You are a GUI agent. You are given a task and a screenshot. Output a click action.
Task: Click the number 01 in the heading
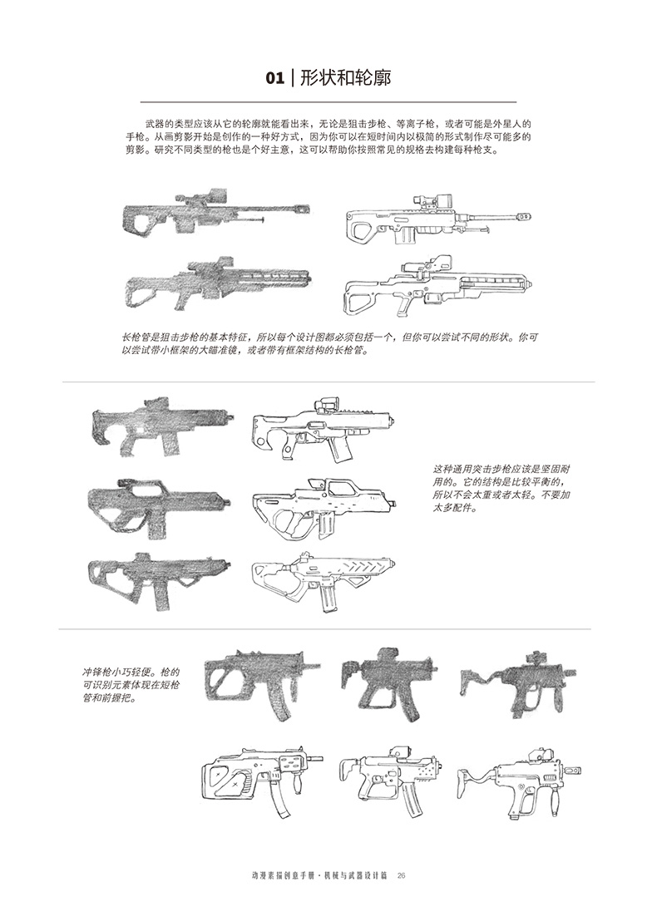tap(275, 79)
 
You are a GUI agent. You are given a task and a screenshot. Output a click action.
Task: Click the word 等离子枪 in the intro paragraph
tap(407, 124)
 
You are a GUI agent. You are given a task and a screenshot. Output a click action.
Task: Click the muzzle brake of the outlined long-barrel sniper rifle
tap(525, 216)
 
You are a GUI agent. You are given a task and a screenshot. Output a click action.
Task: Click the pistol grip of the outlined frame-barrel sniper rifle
tap(404, 304)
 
